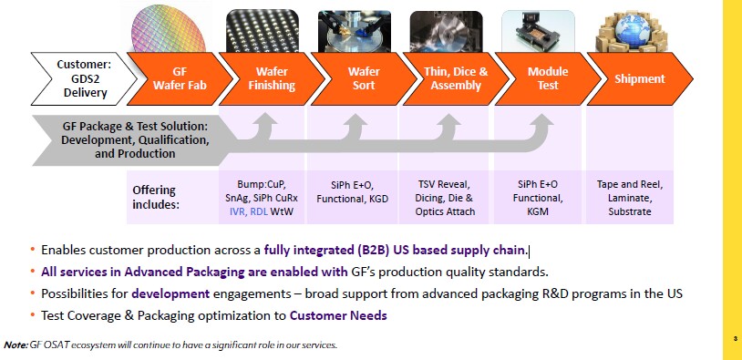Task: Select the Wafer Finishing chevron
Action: pyautogui.click(x=270, y=78)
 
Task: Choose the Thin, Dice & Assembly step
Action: pyautogui.click(x=456, y=78)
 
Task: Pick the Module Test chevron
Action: pyautogui.click(x=548, y=78)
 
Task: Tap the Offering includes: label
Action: pyautogui.click(x=155, y=198)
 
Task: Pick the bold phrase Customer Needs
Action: pyautogui.click(x=338, y=315)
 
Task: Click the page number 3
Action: pyautogui.click(x=735, y=340)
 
